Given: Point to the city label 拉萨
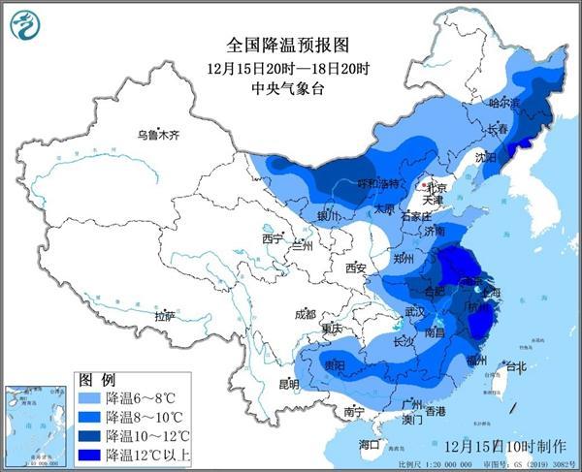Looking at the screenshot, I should tap(165, 315).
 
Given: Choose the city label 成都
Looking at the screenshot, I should tap(305, 314).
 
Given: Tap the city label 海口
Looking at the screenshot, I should tap(370, 445).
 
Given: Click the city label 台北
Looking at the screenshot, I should tap(514, 367).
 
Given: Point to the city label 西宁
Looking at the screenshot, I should tap(272, 238).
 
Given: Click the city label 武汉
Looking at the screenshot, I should tap(415, 312).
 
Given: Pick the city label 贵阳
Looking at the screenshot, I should tap(336, 365).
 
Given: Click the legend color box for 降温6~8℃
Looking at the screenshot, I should tap(89, 398).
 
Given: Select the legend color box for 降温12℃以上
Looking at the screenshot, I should tap(89, 454).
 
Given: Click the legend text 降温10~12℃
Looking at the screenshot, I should tap(148, 435).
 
